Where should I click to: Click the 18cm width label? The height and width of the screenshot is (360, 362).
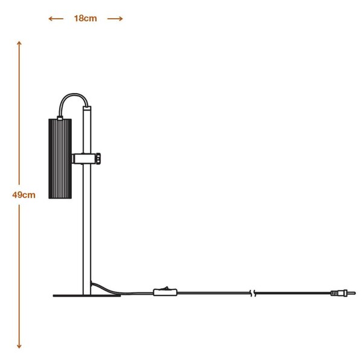pos(86,19)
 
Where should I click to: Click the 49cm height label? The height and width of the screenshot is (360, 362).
pos(24,195)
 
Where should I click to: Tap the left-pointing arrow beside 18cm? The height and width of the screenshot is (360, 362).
pos(56,19)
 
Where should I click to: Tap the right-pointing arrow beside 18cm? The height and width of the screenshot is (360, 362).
pos(115,19)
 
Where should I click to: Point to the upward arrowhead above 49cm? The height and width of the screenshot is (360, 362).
pos(19,43)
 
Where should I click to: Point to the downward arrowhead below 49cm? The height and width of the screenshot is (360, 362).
pos(19,346)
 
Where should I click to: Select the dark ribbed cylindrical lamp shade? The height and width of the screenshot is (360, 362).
pos(60,159)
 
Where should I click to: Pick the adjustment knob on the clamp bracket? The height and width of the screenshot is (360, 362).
pos(98,159)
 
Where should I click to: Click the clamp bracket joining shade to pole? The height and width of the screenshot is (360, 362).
pos(84,159)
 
